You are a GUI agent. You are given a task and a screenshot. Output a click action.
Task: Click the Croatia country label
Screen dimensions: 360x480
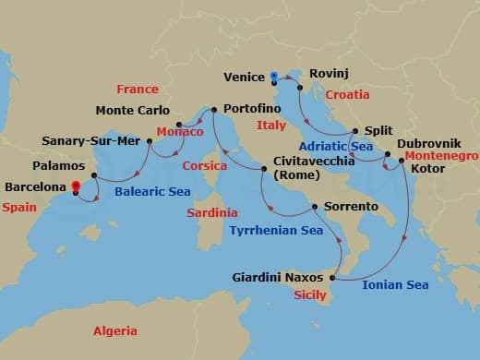[x=346, y=94]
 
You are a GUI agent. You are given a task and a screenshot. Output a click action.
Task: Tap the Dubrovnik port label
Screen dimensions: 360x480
[x=426, y=145]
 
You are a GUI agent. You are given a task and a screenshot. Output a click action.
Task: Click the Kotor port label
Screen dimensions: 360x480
[x=432, y=171]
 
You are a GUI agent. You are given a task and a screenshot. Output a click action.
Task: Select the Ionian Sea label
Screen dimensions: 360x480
[x=394, y=284]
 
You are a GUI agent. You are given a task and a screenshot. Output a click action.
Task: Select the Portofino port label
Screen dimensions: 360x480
[x=251, y=108]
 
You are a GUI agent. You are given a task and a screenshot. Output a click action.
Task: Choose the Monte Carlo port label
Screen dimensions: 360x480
[x=133, y=112]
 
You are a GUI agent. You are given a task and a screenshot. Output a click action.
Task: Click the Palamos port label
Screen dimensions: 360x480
[x=57, y=167]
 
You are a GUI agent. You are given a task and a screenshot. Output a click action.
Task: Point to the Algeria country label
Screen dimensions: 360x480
[x=115, y=330]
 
